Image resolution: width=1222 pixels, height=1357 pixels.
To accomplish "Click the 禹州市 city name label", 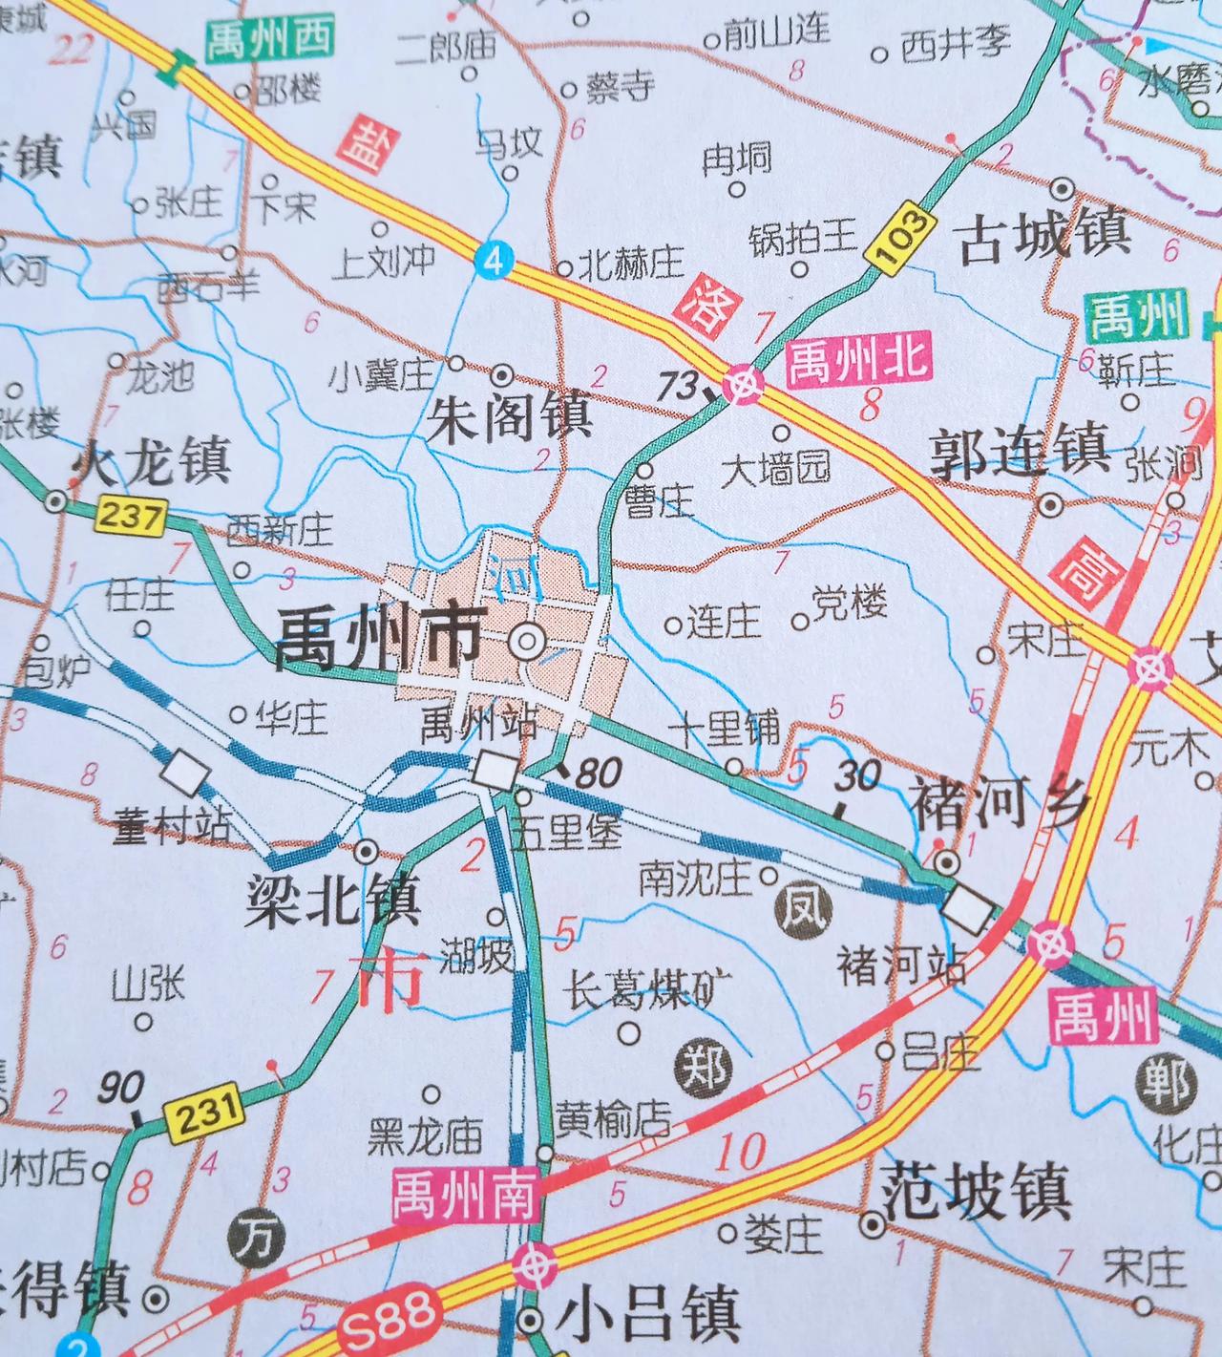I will click(x=378, y=639).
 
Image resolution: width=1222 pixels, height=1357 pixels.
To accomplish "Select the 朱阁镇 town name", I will click(x=510, y=418).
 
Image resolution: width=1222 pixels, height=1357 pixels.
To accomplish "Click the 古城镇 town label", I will click(x=1044, y=236).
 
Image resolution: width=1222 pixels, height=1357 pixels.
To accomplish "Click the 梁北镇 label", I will click(x=333, y=900).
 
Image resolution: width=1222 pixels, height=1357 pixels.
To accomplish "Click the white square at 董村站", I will click(x=186, y=772).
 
